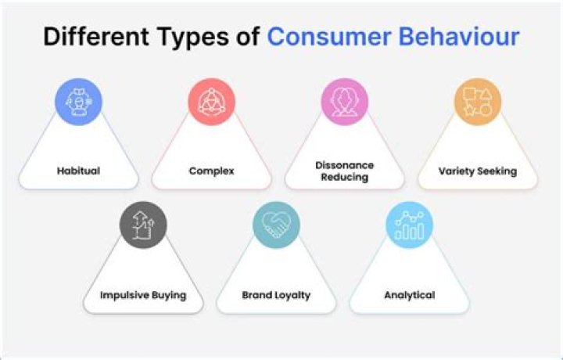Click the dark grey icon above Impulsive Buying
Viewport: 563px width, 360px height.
tap(143, 225)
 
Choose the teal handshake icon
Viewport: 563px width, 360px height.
tap(276, 225)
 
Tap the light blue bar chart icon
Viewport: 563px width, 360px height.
tap(409, 225)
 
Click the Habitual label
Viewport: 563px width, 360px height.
tap(78, 171)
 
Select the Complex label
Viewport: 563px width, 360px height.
tap(211, 171)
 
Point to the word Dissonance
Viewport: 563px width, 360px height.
tap(345, 165)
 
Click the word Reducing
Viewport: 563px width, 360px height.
tap(345, 177)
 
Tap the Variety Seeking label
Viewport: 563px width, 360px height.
tap(478, 171)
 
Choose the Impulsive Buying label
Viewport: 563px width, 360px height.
tap(143, 295)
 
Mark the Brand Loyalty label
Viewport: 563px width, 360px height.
tap(276, 295)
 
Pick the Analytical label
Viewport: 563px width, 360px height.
tap(409, 295)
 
